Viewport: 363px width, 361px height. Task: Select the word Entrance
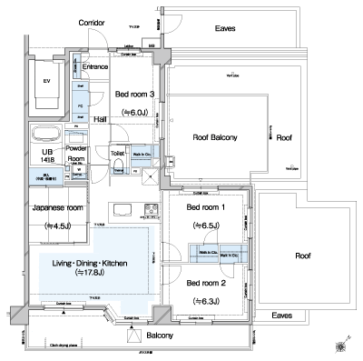coord(95,66)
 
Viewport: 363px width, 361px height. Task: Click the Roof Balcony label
coord(215,136)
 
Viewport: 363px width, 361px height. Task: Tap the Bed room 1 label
coord(205,207)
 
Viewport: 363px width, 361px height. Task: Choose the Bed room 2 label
coord(205,283)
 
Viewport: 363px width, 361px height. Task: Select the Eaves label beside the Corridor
coord(225,28)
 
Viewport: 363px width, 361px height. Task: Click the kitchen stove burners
coord(149,213)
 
